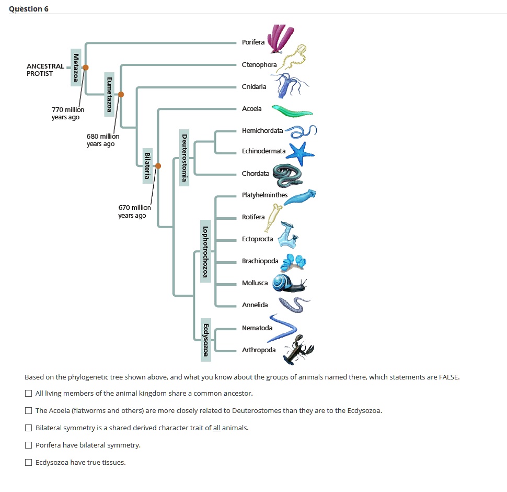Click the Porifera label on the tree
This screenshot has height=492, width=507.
(254, 42)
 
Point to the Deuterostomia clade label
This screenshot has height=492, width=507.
(184, 158)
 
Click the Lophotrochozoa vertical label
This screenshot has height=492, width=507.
(205, 251)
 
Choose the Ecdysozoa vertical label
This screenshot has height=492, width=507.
(206, 340)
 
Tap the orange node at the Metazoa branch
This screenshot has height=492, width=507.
(86, 67)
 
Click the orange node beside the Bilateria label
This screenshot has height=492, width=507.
(158, 166)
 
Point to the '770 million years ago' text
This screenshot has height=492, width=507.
(65, 113)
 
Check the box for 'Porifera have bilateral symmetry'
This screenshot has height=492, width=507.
(29, 445)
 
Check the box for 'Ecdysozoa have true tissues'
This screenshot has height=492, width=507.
(29, 462)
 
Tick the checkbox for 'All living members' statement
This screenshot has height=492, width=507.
(29, 393)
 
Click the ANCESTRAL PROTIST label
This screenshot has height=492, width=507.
(45, 70)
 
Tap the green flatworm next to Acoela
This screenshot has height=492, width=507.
(292, 111)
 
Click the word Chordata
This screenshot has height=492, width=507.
(256, 174)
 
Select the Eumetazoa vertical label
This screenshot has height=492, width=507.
(109, 94)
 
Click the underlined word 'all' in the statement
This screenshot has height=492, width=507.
(217, 428)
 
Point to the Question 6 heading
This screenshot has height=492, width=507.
(29, 9)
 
